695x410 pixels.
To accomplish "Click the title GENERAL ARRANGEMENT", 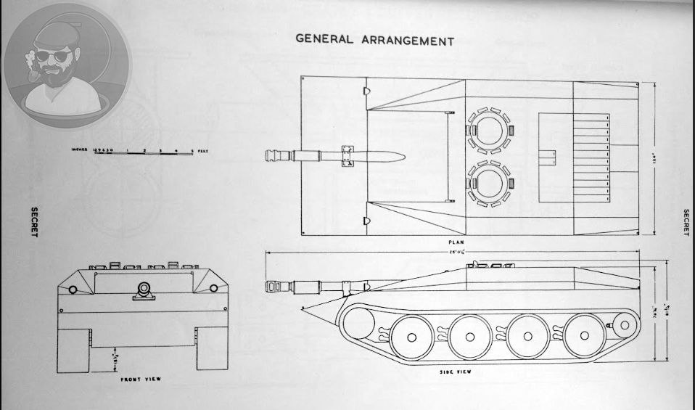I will [x=374, y=39].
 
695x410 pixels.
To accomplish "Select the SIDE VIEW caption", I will [x=456, y=371].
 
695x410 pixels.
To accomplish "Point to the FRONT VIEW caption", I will [x=141, y=379].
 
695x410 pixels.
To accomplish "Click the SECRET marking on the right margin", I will [x=685, y=223].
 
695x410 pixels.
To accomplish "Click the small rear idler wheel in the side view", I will [x=622, y=324].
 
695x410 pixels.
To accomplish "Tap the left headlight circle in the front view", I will [x=72, y=290].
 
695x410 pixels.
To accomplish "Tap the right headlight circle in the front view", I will [x=213, y=290].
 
